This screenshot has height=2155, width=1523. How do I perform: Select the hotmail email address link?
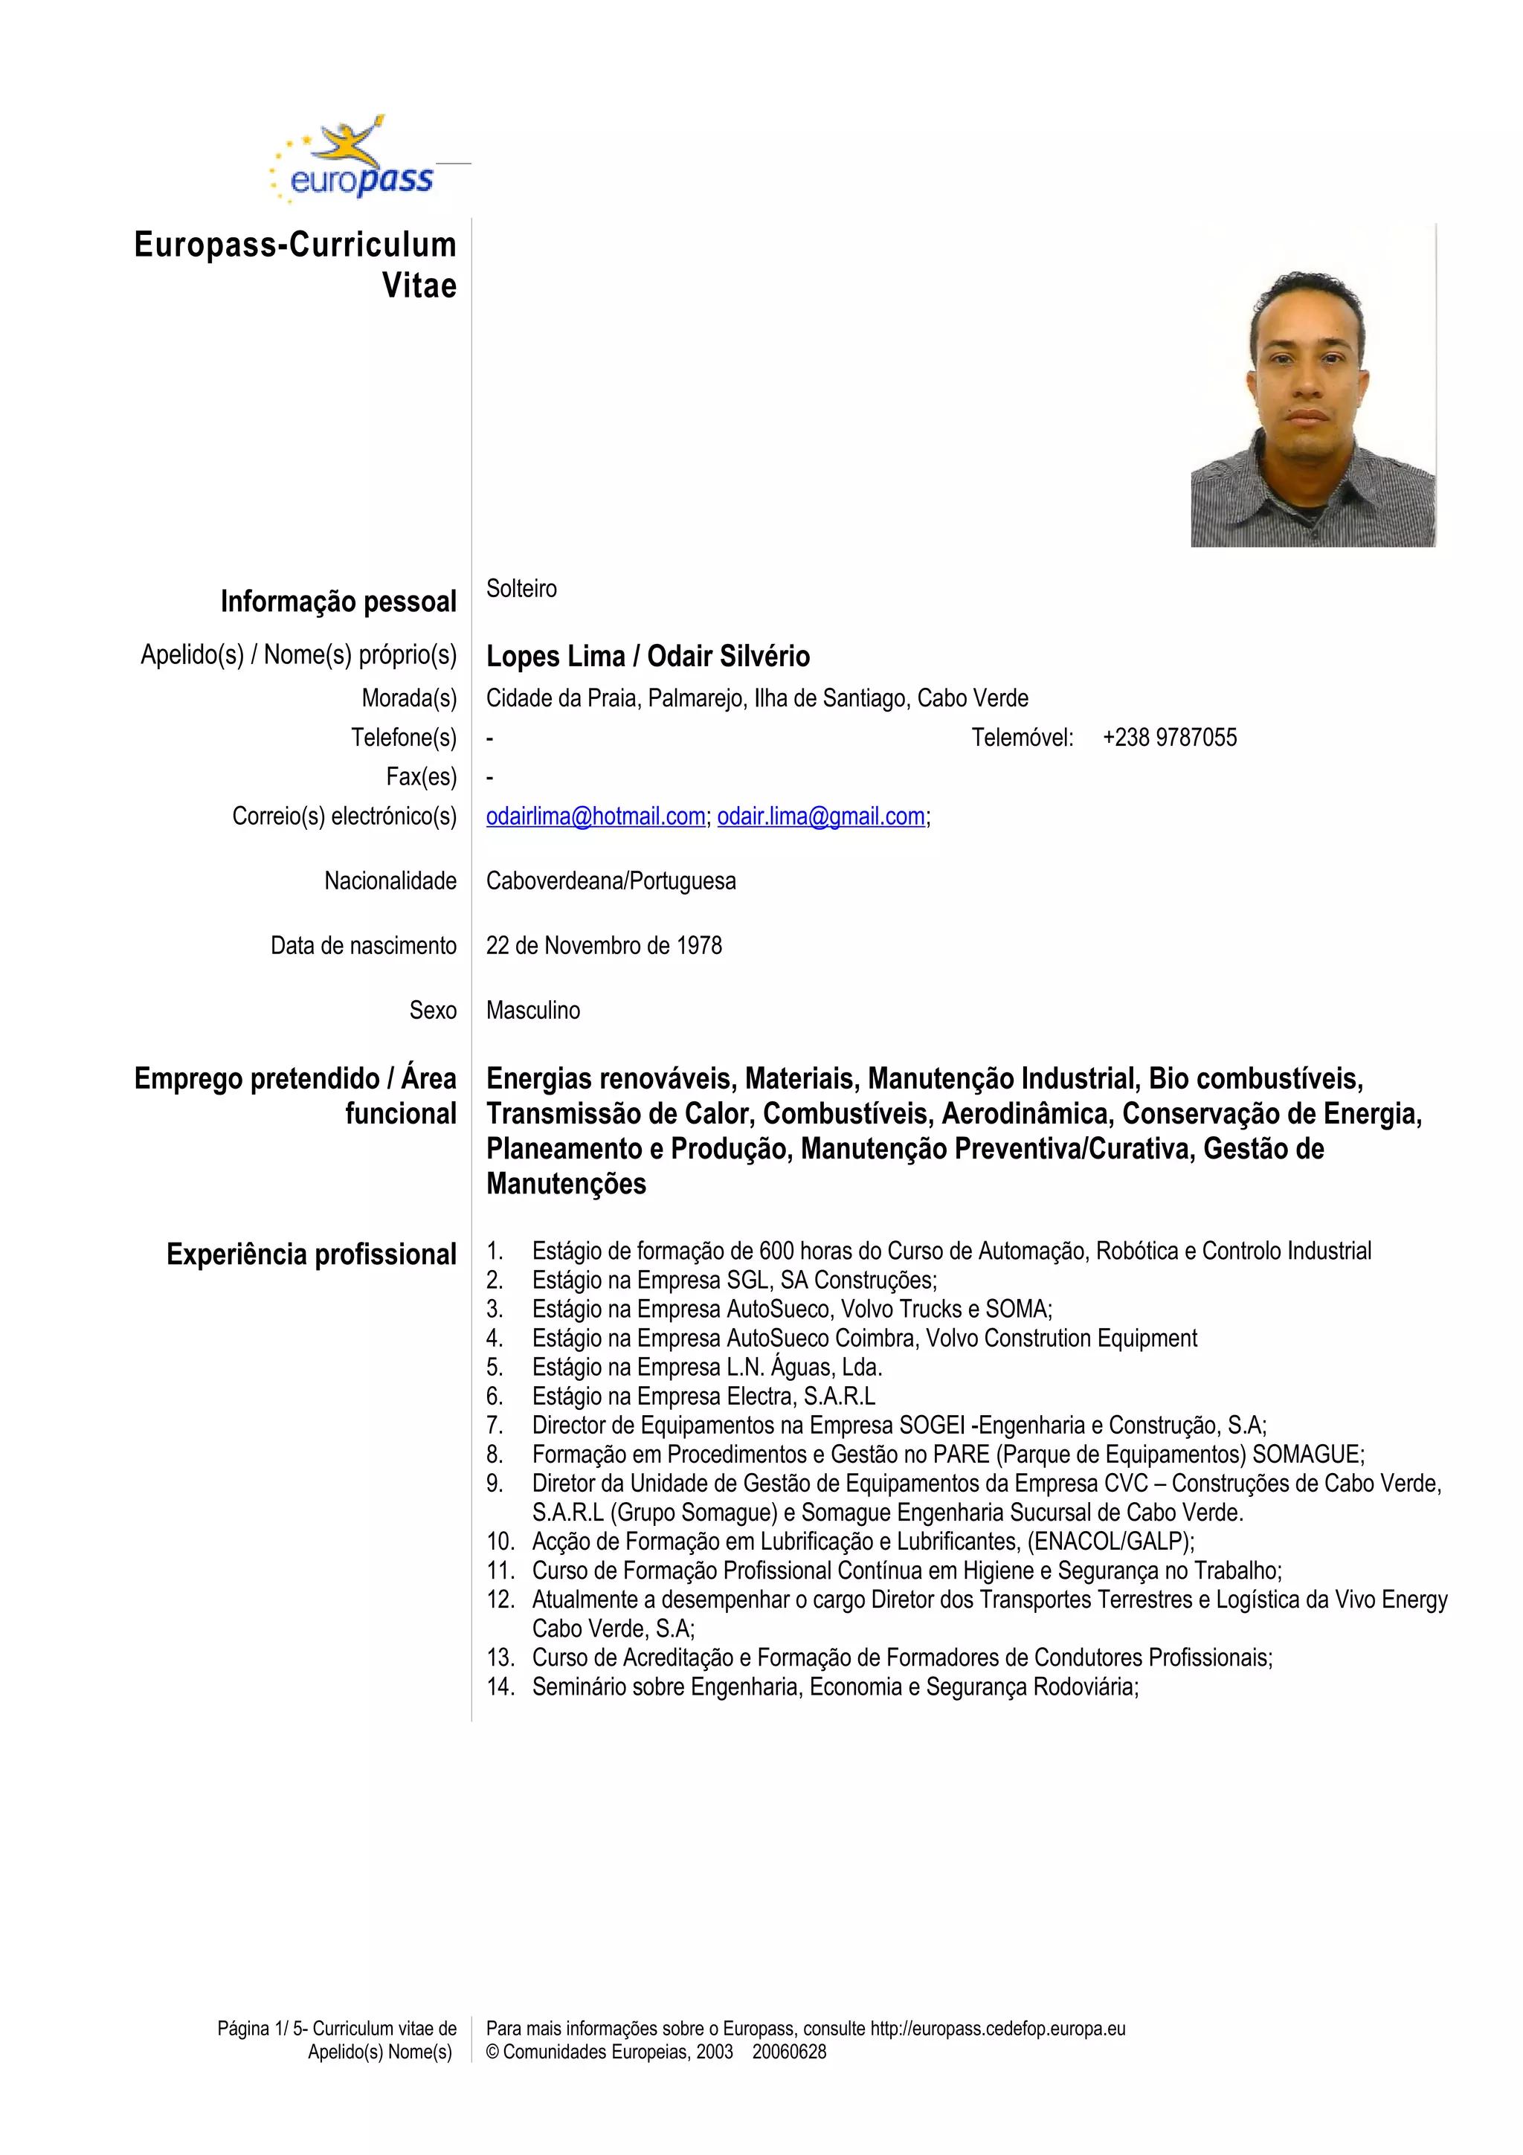[x=595, y=816]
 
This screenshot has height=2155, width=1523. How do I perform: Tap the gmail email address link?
[x=821, y=816]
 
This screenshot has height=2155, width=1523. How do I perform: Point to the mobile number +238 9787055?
[x=1169, y=738]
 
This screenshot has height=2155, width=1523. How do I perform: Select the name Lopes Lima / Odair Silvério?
[x=648, y=656]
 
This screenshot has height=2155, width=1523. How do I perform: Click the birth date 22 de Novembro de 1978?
[x=603, y=945]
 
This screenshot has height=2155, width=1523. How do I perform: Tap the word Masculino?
[x=533, y=1010]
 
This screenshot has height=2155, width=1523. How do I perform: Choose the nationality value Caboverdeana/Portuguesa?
[x=611, y=881]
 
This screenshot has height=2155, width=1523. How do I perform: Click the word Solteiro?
[x=521, y=588]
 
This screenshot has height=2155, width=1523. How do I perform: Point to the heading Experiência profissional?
[x=311, y=1255]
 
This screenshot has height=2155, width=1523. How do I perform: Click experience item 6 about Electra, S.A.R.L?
[x=703, y=1396]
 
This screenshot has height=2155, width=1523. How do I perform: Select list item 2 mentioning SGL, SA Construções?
[x=734, y=1281]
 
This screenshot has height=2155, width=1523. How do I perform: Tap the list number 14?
[x=500, y=1687]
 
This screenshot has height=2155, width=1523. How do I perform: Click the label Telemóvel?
[x=1022, y=738]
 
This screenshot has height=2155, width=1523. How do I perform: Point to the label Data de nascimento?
[x=363, y=945]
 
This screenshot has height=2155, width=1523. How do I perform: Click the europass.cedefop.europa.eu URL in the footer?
[x=997, y=2029]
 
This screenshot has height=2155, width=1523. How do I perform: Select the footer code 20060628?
[x=789, y=2052]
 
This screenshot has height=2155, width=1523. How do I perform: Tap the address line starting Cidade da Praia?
[x=756, y=698]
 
